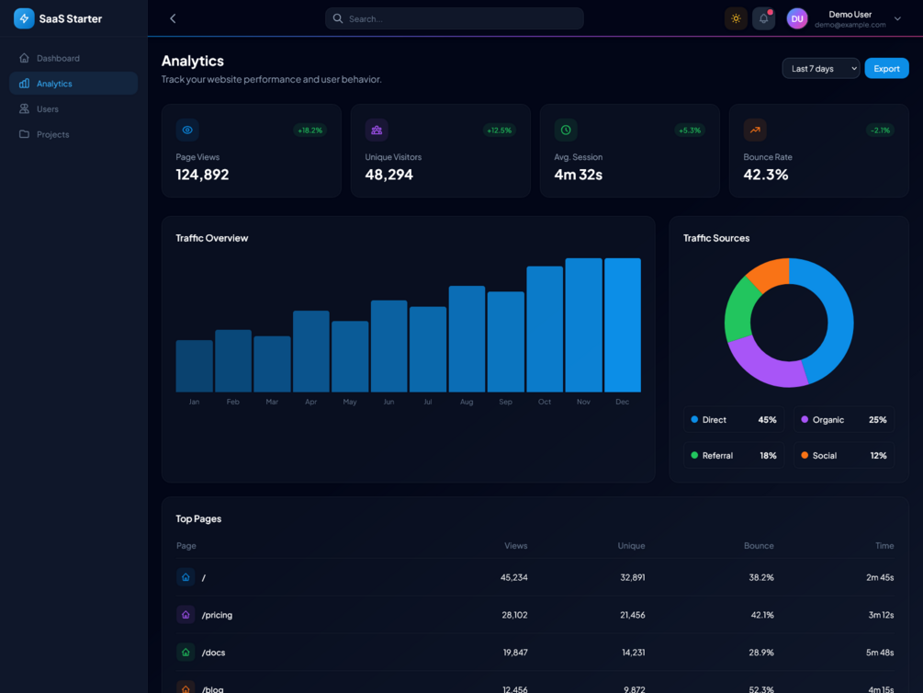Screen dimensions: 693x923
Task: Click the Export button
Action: (x=886, y=69)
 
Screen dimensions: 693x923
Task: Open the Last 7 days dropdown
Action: (x=820, y=69)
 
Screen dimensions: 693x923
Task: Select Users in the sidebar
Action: (x=48, y=109)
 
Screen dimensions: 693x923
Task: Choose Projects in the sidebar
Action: (x=52, y=134)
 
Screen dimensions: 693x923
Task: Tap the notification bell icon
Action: (x=763, y=18)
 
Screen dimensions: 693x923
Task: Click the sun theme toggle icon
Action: (x=736, y=18)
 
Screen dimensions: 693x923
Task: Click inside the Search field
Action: (x=455, y=18)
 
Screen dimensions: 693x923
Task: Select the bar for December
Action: (x=623, y=325)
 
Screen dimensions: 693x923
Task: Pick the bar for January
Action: (x=194, y=367)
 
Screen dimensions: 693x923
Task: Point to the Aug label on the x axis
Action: (x=467, y=402)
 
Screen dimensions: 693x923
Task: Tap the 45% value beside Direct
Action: (x=767, y=420)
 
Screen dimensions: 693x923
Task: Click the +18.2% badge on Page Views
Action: (x=310, y=131)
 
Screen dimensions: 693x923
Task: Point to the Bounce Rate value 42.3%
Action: (x=766, y=175)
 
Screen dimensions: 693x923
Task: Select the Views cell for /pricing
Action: (x=514, y=615)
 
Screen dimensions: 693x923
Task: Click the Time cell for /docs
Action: (x=880, y=653)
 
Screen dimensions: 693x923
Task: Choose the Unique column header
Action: (x=631, y=546)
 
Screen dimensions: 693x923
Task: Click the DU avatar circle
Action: (x=797, y=18)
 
